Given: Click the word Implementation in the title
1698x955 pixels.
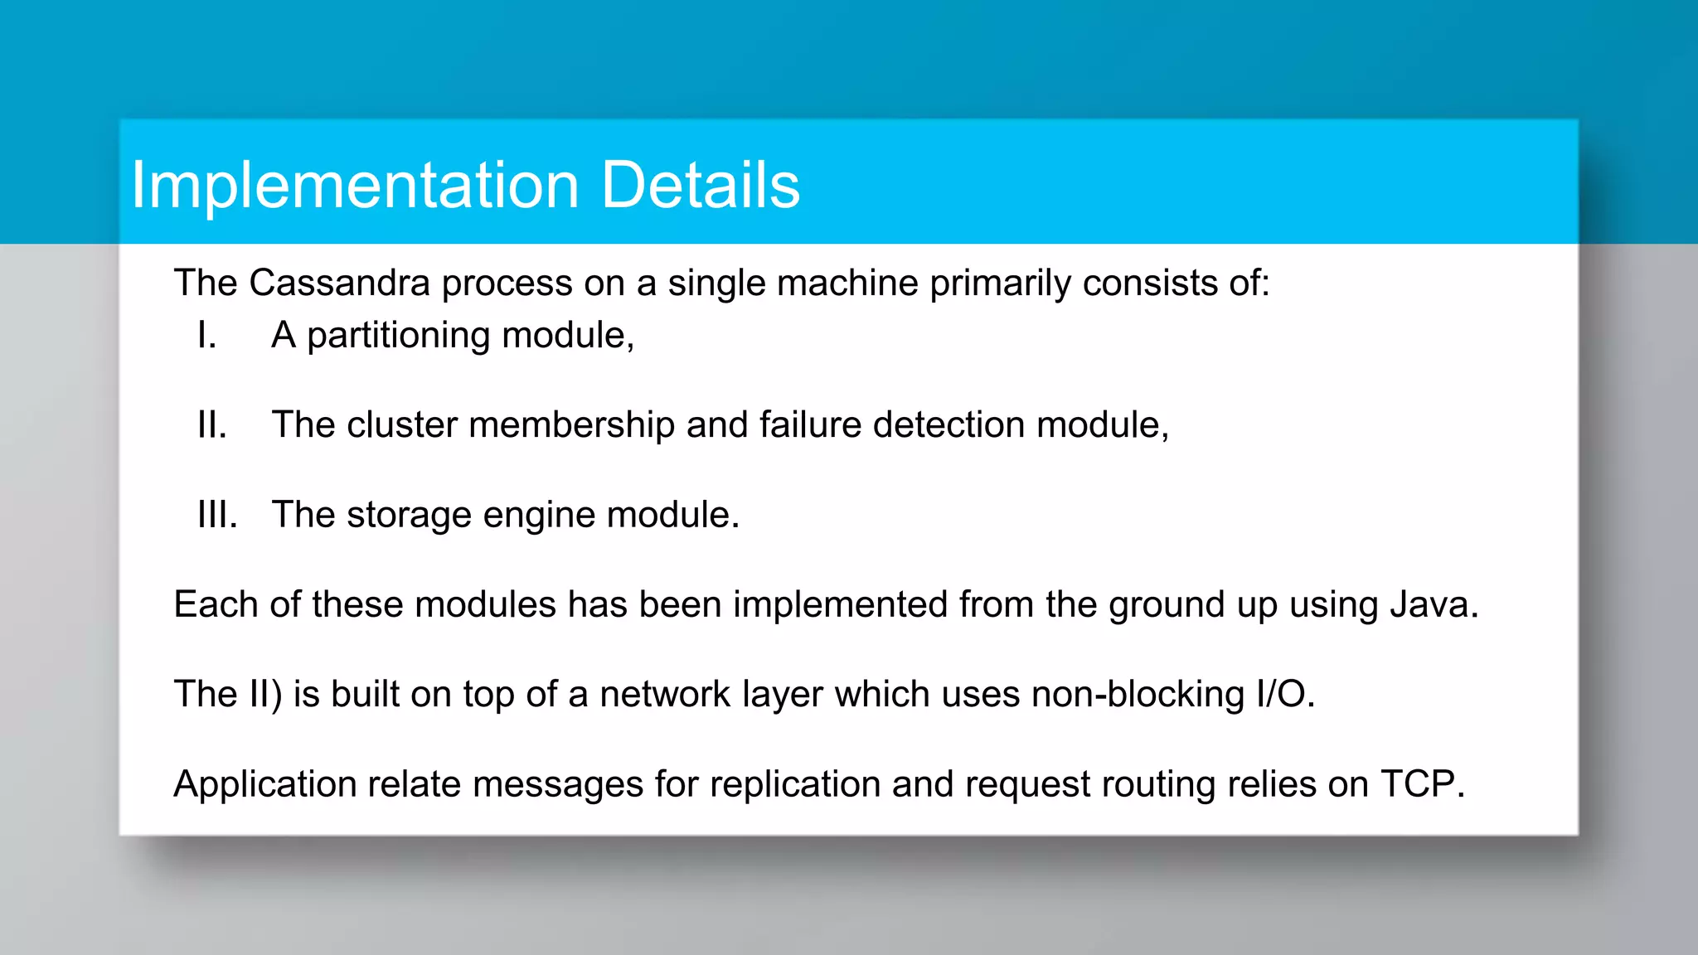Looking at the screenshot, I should pos(355,186).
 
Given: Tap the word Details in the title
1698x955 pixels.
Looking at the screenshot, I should pos(700,184).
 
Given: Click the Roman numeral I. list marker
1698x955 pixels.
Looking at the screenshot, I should pos(206,336).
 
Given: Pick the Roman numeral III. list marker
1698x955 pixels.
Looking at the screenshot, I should pos(217,515).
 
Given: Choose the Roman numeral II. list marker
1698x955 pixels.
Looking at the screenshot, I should pos(212,425).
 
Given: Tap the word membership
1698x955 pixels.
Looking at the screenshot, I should pos(571,425).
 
